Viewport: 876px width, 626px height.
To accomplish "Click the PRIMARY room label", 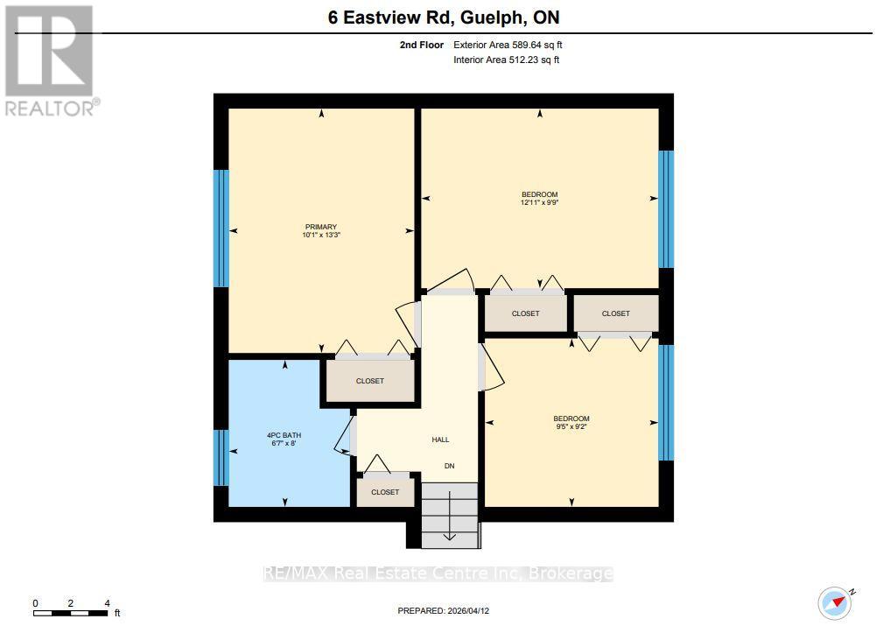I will pos(321,227).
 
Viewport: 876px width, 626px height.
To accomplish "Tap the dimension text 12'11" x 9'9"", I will pos(539,202).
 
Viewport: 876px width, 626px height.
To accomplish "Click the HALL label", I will pos(440,440).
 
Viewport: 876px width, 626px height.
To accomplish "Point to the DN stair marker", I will pos(449,466).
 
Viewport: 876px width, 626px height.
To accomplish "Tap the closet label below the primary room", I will pos(369,381).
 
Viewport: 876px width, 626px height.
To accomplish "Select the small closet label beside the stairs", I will pos(385,492).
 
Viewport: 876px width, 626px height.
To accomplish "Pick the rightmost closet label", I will pos(615,313).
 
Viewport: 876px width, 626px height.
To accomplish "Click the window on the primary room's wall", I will pos(221,229).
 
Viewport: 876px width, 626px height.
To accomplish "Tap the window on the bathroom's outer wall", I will pos(221,458).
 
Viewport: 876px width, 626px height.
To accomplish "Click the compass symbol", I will pos(835,601).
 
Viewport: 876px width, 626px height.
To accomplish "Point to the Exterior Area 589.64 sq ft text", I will pos(514,44).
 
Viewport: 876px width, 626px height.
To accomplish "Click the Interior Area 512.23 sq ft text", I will pos(506,60).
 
